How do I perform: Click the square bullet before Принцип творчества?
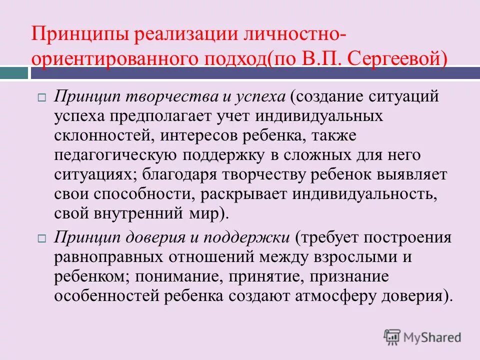click(x=42, y=97)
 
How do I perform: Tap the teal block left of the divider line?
click(x=13, y=73)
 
